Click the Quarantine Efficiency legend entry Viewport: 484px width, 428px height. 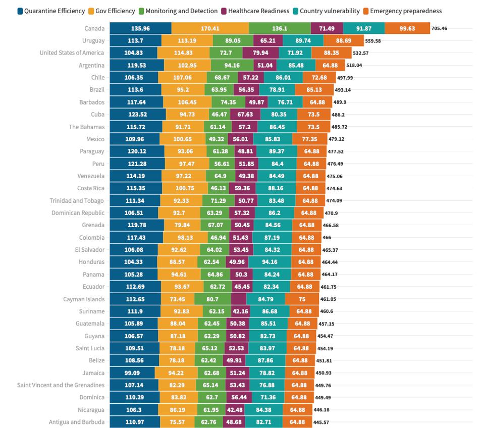[51, 11]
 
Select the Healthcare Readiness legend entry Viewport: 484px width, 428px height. [258, 11]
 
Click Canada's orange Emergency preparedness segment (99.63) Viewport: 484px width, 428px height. [407, 28]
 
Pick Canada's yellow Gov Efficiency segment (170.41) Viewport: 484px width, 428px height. [210, 28]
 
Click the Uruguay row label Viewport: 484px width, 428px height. [93, 40]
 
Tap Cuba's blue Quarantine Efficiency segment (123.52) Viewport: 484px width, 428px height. [137, 114]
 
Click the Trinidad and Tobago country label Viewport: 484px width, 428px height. [77, 200]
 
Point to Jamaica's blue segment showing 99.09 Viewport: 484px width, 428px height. [132, 373]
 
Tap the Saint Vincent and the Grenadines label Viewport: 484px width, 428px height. [61, 385]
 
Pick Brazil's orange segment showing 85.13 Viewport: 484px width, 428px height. [317, 90]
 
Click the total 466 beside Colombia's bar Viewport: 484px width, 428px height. [327, 238]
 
